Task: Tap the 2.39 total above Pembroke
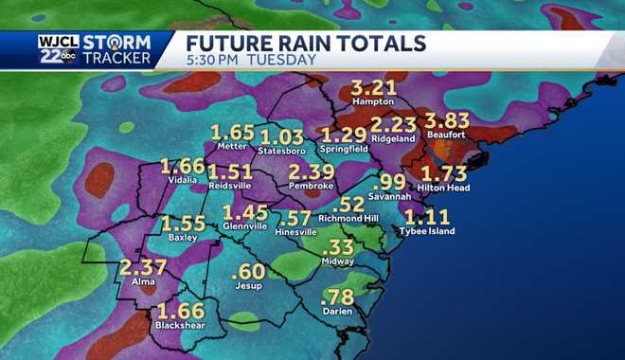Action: tap(312, 171)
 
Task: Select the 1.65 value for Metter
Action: tap(233, 132)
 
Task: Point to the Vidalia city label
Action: tap(182, 180)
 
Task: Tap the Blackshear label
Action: tap(182, 327)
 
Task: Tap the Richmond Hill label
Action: tap(348, 218)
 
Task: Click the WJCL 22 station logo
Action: tap(59, 49)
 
